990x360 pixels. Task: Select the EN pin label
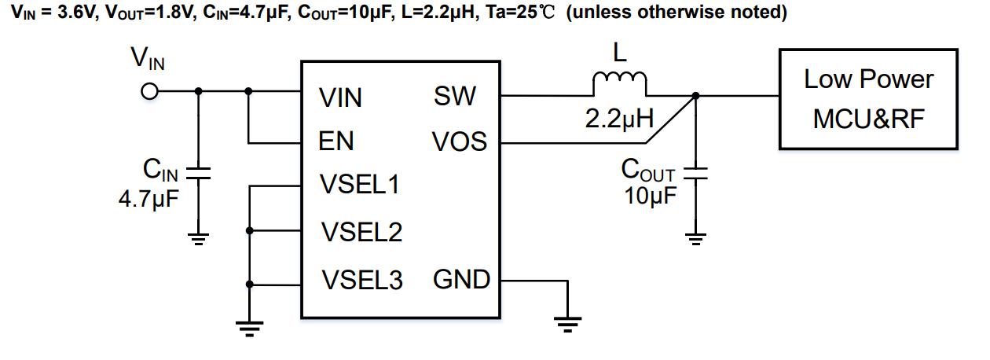[336, 141]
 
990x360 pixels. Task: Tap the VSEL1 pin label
[359, 186]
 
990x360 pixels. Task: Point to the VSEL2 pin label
[361, 232]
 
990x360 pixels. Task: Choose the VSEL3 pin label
[361, 280]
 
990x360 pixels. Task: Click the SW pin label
[454, 97]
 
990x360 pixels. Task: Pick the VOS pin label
[459, 142]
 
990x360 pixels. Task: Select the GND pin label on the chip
[462, 279]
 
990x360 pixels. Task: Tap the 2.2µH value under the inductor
[620, 119]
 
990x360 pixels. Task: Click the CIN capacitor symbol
[198, 174]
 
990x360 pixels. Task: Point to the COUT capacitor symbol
[695, 174]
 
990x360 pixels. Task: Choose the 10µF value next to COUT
[650, 196]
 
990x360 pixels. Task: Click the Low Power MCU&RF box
[867, 99]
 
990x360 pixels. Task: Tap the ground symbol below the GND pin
[566, 322]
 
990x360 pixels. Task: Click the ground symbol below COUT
[695, 237]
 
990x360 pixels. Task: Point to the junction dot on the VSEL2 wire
[250, 231]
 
